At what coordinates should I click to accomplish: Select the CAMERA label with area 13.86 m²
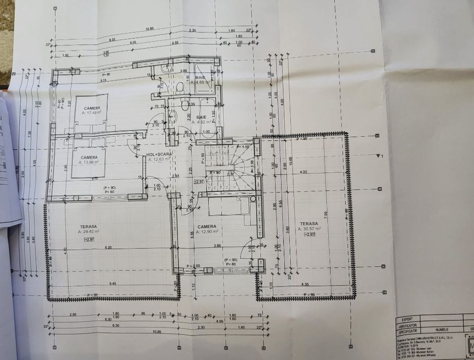tap(89, 157)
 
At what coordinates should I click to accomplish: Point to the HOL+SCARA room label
tap(159, 154)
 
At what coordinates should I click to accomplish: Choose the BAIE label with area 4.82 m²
tap(200, 117)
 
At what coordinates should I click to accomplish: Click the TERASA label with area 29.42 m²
tap(89, 226)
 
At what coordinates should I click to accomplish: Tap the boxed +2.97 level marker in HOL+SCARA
tap(199, 182)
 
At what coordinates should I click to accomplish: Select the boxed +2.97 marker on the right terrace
tap(309, 235)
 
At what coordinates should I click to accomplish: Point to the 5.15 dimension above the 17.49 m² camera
tap(103, 80)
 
